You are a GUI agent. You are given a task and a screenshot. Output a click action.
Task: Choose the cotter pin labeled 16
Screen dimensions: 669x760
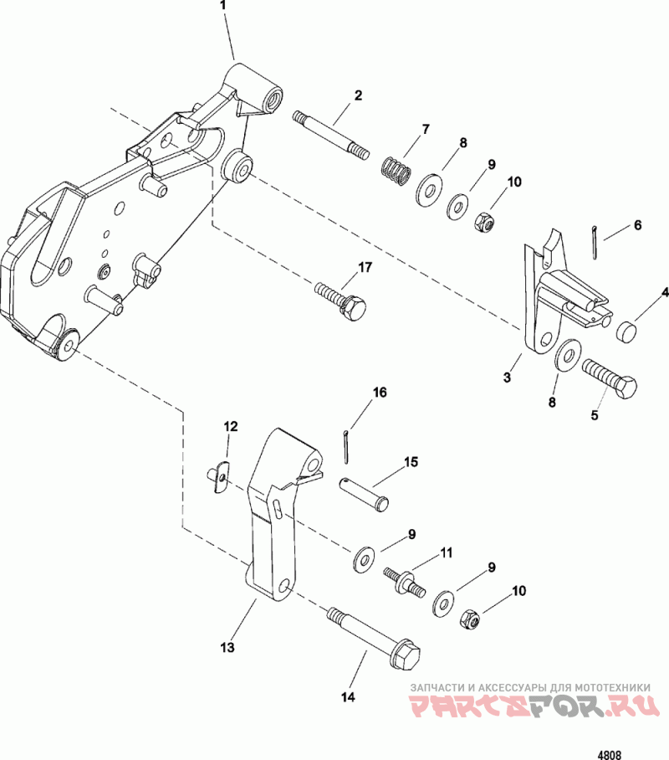tap(346, 444)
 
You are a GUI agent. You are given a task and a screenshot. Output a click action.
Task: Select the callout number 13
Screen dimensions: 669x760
tap(227, 646)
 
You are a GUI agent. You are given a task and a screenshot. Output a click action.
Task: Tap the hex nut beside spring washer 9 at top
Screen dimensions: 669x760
tap(483, 222)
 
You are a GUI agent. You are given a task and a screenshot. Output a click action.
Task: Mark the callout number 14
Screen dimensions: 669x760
tap(346, 696)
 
